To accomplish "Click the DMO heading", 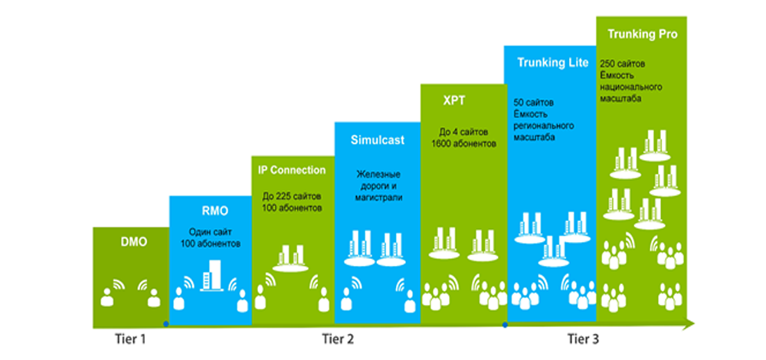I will [x=133, y=243].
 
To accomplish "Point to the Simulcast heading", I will [x=377, y=140].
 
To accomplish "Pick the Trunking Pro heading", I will [x=642, y=34].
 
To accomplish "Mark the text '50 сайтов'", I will [x=532, y=102].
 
